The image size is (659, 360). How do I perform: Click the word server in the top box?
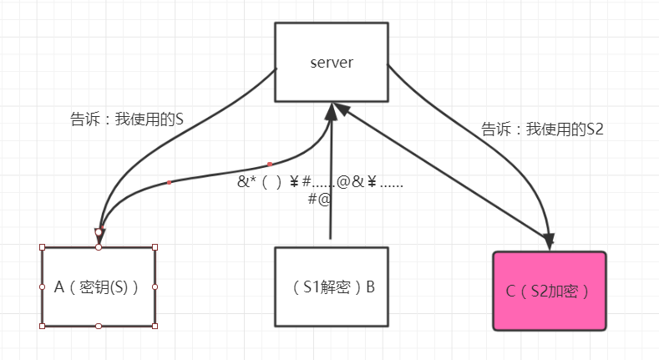331,62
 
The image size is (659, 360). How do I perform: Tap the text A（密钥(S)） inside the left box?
98,287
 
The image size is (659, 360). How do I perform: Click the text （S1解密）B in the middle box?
331,287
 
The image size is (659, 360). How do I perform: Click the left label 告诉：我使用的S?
127,119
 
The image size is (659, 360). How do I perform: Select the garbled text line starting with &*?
320,181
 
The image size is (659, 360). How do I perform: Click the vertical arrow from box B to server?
332,184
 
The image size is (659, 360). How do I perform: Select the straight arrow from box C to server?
443,175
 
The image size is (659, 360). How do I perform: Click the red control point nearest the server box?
270,164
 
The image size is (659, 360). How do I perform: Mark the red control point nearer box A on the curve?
170,182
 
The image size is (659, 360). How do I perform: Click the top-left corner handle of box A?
42,247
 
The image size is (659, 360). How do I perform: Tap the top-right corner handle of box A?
155,247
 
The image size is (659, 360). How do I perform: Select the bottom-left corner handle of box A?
42,326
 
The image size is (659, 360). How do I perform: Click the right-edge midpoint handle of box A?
155,286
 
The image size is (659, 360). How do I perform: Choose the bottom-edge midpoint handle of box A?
99,326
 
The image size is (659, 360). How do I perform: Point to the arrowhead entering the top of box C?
550,241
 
